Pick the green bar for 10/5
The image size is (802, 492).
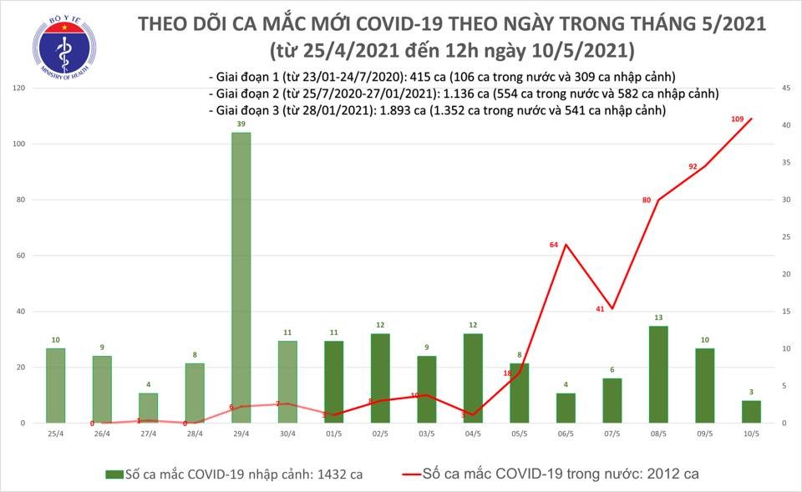[x=750, y=412]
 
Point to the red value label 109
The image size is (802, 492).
[x=738, y=119]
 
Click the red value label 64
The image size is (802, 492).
[x=553, y=245]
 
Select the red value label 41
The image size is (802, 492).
[x=600, y=309]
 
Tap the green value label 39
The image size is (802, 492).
[x=241, y=124]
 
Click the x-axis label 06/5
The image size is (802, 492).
[x=565, y=435]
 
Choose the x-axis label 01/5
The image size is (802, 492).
[x=333, y=435]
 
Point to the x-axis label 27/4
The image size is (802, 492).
[x=148, y=435]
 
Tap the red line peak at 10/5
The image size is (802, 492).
[x=750, y=119]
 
